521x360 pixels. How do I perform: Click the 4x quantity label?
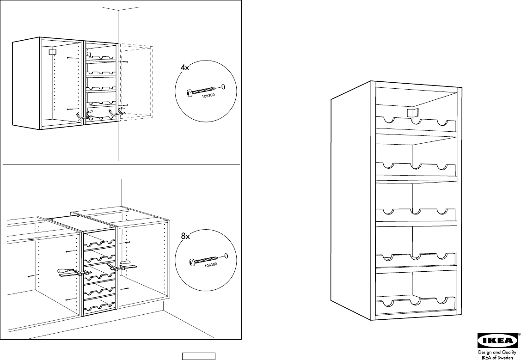tap(185, 67)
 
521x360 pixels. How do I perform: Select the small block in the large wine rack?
tap(411, 112)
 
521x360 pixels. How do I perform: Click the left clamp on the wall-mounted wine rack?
tap(83, 115)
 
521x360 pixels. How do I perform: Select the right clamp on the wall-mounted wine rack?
tap(116, 112)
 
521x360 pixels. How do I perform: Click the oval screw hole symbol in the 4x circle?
tap(224, 86)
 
